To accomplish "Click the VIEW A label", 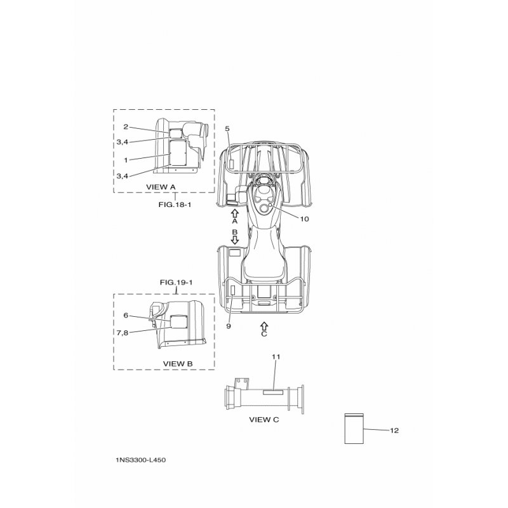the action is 161,187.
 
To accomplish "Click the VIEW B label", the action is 178,363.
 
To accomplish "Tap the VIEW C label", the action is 264,420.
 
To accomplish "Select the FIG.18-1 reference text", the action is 175,204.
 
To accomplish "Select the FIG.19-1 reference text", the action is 176,283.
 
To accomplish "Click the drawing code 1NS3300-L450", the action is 140,460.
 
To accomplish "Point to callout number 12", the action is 394,431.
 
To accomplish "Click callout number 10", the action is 304,219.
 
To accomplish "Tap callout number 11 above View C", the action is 276,357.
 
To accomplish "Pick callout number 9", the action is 229,326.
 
